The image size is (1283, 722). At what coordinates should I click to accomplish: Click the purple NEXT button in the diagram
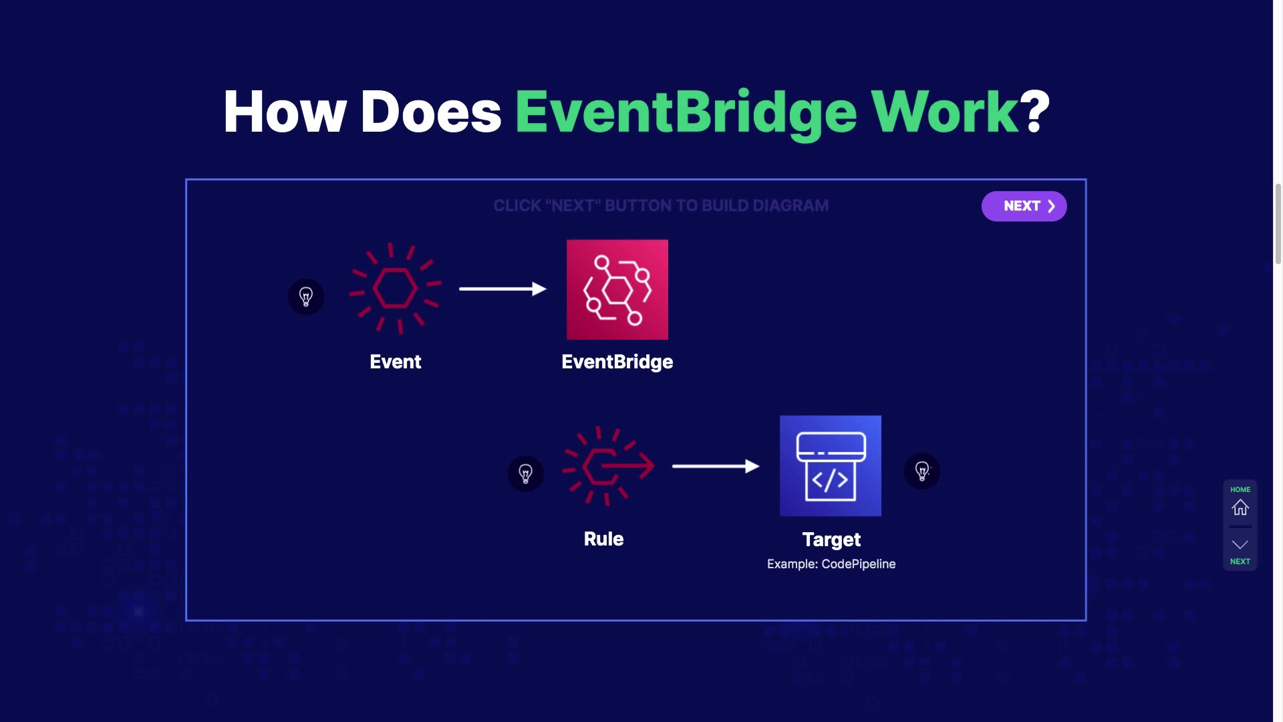[1024, 206]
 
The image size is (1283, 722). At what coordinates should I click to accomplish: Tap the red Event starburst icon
[395, 288]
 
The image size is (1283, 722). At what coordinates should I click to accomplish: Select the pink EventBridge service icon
[617, 289]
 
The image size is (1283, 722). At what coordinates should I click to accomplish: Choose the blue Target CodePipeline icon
[830, 466]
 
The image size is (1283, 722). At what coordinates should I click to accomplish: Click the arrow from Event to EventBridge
[503, 289]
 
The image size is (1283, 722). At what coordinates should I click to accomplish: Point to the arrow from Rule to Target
[716, 466]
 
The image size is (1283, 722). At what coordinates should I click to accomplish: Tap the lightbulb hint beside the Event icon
[306, 297]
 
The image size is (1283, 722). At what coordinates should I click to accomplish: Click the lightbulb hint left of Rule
[526, 474]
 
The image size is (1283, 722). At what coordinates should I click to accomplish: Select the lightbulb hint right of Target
[922, 471]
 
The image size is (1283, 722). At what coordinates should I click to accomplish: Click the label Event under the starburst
[396, 362]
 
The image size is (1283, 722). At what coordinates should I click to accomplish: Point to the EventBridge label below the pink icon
[617, 362]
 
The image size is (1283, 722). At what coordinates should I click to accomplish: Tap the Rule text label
[603, 539]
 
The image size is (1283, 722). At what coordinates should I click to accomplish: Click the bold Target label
[831, 539]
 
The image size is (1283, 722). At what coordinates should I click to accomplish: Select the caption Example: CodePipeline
[831, 564]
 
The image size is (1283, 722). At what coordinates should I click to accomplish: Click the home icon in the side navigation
[1240, 507]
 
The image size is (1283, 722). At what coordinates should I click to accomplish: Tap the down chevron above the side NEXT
[1240, 545]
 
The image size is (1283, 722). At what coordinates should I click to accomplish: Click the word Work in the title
[944, 112]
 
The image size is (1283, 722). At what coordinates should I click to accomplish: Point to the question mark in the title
[1036, 112]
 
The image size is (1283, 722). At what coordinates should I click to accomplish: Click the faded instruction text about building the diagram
[661, 206]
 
